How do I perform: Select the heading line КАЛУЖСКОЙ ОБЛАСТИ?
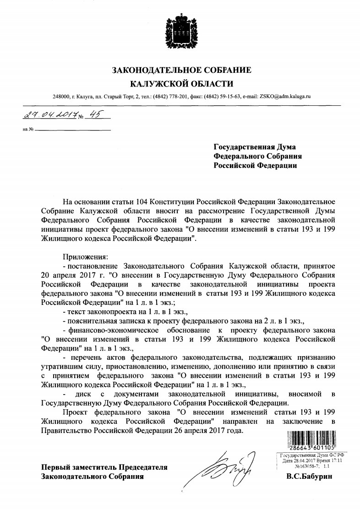[x=182, y=84]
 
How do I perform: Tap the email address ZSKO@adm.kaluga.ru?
[x=285, y=97]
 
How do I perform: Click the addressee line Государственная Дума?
[x=256, y=147]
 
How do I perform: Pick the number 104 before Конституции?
[x=144, y=202]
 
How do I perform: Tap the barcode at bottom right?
[x=314, y=441]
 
